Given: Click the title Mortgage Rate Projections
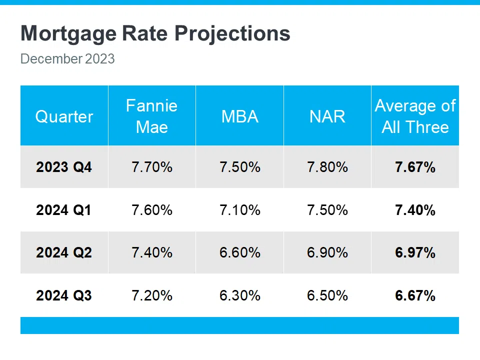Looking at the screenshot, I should click(x=155, y=34).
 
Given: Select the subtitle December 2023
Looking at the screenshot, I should click(x=67, y=59).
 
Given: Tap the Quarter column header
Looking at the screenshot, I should click(x=64, y=116).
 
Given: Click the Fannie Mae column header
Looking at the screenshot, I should click(x=151, y=116).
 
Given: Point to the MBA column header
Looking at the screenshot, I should click(x=239, y=116).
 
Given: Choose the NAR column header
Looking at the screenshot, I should click(x=327, y=116).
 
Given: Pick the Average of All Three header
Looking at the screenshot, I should click(x=415, y=116).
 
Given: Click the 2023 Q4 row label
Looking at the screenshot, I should click(x=64, y=167).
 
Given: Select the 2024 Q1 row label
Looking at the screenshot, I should click(x=64, y=210).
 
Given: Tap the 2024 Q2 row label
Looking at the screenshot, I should click(x=64, y=253).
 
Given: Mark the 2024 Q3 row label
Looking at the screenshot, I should click(x=64, y=295).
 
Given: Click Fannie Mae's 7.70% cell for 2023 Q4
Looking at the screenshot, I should click(x=152, y=167).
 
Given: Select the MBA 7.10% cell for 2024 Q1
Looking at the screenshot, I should click(x=240, y=210).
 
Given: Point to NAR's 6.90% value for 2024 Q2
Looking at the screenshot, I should click(x=327, y=253).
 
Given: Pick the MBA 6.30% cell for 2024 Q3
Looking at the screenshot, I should click(x=240, y=295).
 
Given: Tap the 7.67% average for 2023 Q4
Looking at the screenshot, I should click(x=415, y=167).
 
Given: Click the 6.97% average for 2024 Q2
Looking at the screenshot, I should click(x=415, y=253).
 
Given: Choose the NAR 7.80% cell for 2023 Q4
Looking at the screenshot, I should click(x=327, y=167).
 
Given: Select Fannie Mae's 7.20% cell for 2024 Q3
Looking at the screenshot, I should click(x=152, y=295).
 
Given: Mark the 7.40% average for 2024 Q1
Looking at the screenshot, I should click(x=415, y=210).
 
